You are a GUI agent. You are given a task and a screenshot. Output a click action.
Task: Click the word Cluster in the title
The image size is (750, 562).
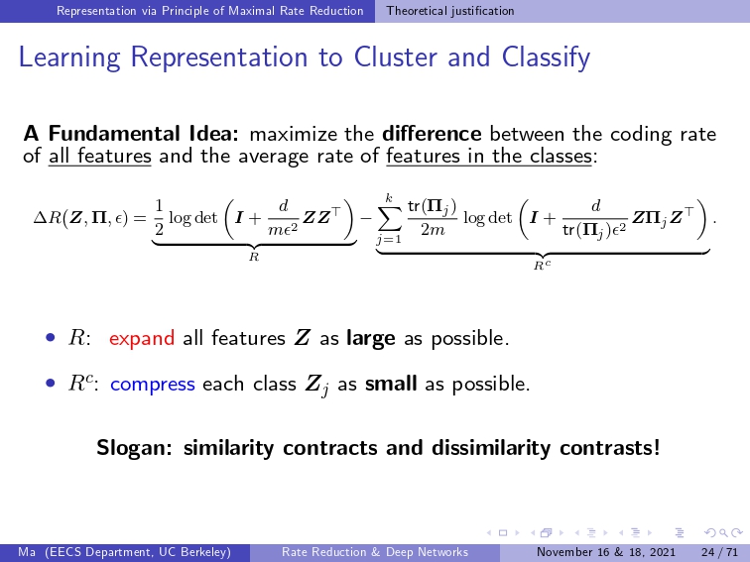[x=396, y=56]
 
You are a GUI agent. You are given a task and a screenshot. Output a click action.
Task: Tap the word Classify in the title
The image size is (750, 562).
[x=546, y=58]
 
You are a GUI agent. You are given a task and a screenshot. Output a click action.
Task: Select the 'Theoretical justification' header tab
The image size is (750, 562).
[x=450, y=11]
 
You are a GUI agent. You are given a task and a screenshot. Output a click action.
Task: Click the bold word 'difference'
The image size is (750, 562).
[x=432, y=134]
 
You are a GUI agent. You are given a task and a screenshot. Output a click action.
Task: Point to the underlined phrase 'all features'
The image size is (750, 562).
[x=100, y=156]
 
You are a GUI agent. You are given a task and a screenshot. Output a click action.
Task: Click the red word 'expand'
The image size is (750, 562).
[x=142, y=338]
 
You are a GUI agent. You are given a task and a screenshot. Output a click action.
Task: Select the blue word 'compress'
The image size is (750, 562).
[x=153, y=385]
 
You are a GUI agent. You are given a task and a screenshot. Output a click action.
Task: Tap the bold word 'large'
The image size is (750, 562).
[x=371, y=338]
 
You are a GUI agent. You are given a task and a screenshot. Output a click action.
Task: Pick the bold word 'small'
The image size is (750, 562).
[x=391, y=384]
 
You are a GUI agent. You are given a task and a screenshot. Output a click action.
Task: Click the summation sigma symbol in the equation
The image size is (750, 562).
[x=389, y=219]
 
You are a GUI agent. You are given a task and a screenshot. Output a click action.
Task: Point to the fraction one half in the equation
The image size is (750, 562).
[x=159, y=217]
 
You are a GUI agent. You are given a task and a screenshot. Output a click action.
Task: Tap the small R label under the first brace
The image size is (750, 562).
[x=254, y=257]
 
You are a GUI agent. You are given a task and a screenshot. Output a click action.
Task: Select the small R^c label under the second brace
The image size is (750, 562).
[x=542, y=265]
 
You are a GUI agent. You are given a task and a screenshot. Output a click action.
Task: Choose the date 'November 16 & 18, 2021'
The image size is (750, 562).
[x=605, y=552]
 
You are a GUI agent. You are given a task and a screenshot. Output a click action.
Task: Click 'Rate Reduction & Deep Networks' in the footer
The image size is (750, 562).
[x=375, y=552]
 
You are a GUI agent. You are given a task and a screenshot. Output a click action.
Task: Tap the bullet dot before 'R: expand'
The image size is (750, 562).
[x=51, y=338]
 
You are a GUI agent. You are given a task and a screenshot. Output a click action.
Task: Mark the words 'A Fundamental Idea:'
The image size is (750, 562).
[x=131, y=134]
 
